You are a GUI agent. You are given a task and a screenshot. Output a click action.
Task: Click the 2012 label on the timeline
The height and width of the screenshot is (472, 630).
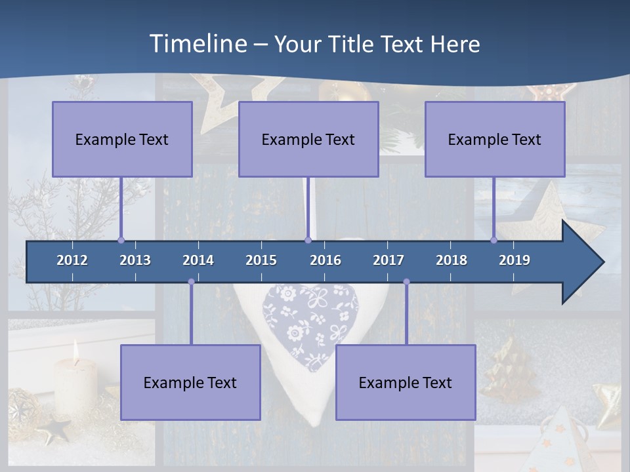click(x=72, y=260)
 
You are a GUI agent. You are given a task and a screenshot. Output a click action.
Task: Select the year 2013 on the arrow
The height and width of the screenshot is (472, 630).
click(x=135, y=260)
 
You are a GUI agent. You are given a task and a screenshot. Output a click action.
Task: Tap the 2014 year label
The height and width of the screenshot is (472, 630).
click(x=198, y=260)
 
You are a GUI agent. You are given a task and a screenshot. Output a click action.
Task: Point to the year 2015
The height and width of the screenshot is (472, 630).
click(x=261, y=260)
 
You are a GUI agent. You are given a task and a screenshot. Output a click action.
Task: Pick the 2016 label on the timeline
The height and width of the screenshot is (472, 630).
click(x=325, y=260)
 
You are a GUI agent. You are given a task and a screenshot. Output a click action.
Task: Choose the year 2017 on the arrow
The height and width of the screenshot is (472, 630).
click(x=388, y=260)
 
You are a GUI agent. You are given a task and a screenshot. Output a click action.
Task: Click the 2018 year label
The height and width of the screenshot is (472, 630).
click(x=451, y=260)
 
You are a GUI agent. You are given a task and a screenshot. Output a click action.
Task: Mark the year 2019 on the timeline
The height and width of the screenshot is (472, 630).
click(x=514, y=260)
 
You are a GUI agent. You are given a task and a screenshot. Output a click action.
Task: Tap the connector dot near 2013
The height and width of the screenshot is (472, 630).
click(x=121, y=240)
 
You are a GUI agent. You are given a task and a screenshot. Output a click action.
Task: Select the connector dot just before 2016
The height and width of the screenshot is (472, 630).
click(x=308, y=240)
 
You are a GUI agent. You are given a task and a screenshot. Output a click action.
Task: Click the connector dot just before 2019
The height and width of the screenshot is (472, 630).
click(x=493, y=240)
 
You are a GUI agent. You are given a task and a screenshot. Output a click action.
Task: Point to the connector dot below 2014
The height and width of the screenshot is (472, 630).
click(x=191, y=282)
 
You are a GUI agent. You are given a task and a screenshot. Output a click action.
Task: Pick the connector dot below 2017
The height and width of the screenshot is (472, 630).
click(x=406, y=282)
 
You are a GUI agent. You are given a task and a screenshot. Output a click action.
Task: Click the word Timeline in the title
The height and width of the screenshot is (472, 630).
click(x=198, y=43)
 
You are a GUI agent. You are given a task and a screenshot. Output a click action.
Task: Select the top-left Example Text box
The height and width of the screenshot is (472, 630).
click(x=122, y=139)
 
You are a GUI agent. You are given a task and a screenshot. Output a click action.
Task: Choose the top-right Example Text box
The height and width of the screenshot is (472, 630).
click(x=495, y=139)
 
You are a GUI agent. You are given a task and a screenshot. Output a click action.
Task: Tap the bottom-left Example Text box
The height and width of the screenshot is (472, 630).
click(x=190, y=382)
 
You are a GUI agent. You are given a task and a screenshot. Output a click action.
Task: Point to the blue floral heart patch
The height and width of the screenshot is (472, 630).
click(x=310, y=324)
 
